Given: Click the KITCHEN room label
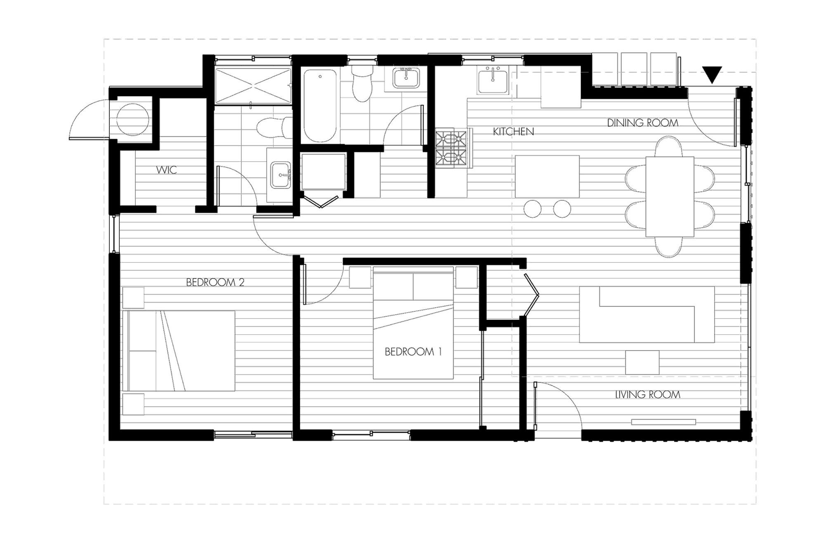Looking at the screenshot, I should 513,132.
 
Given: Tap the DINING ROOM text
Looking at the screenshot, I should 643,122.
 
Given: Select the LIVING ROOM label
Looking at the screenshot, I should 648,395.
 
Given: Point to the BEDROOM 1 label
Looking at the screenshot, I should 413,352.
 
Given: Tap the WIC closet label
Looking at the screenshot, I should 167,170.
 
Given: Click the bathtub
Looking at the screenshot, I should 319,105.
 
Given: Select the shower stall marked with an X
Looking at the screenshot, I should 253,86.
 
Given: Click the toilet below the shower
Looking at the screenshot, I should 271,128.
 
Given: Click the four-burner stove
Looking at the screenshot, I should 451,148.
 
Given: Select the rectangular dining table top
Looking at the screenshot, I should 670,197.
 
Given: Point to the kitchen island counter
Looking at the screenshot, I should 547,176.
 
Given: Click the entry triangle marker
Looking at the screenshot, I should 712,75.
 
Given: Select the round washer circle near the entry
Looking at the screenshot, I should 133,120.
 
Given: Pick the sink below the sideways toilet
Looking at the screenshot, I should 281,176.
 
